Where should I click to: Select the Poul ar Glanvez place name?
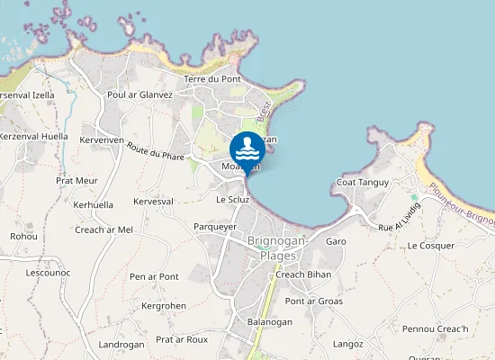pyautogui.click(x=139, y=94)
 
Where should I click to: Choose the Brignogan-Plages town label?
pyautogui.click(x=277, y=248)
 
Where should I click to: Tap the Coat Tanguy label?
pyautogui.click(x=362, y=183)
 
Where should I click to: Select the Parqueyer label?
pyautogui.click(x=215, y=227)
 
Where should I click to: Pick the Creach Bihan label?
pyautogui.click(x=303, y=274)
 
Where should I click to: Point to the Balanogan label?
pyautogui.click(x=269, y=322)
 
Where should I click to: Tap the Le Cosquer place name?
pyautogui.click(x=431, y=246)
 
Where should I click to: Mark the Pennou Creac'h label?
pyautogui.click(x=436, y=329)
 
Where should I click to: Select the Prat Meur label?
pyautogui.click(x=76, y=181)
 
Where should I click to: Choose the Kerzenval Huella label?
pyautogui.click(x=34, y=137)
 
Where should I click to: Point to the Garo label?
pyautogui.click(x=336, y=242)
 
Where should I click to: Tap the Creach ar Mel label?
pyautogui.click(x=103, y=229)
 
